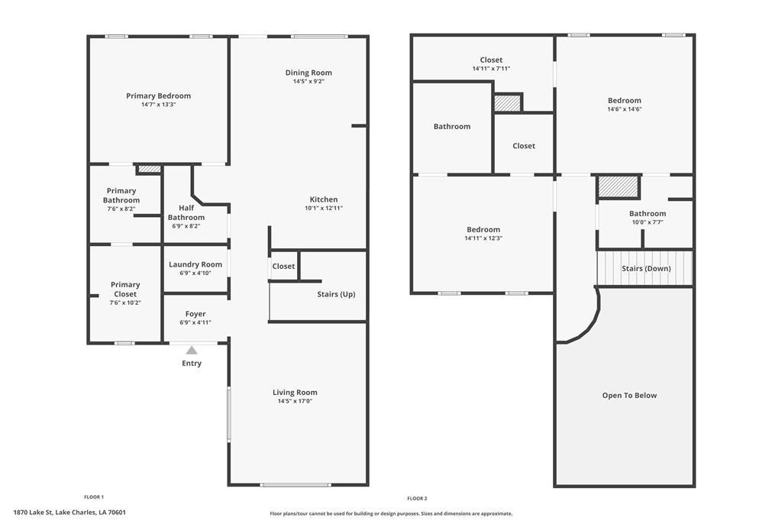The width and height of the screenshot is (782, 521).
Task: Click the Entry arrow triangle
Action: click(192, 350)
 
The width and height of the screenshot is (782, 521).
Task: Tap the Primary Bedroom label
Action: click(158, 96)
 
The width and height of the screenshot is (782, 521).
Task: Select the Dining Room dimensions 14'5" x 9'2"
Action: click(309, 81)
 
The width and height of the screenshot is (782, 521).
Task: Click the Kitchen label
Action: click(323, 199)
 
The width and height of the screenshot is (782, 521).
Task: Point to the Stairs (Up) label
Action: click(336, 294)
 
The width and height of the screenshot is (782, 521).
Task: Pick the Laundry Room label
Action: click(195, 264)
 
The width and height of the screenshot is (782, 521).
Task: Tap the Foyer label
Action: click(195, 314)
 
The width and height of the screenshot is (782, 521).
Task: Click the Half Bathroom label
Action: click(186, 212)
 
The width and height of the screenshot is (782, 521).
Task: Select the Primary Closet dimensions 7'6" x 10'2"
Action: click(125, 303)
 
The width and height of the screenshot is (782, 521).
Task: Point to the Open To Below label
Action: click(629, 395)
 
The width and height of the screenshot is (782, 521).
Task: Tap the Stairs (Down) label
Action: click(646, 269)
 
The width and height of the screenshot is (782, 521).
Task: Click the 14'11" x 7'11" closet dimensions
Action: click(491, 69)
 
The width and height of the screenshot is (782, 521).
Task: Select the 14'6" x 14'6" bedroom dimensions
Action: click(624, 108)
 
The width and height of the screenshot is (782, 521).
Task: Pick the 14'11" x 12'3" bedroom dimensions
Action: click(483, 238)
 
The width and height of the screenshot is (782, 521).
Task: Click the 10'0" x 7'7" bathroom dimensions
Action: click(648, 222)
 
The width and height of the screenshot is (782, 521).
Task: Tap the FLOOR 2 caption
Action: click(417, 498)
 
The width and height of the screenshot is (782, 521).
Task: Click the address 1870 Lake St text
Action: click(69, 513)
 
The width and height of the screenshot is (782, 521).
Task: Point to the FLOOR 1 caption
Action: click(94, 497)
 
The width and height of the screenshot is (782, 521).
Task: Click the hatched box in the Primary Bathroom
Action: click(149, 169)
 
